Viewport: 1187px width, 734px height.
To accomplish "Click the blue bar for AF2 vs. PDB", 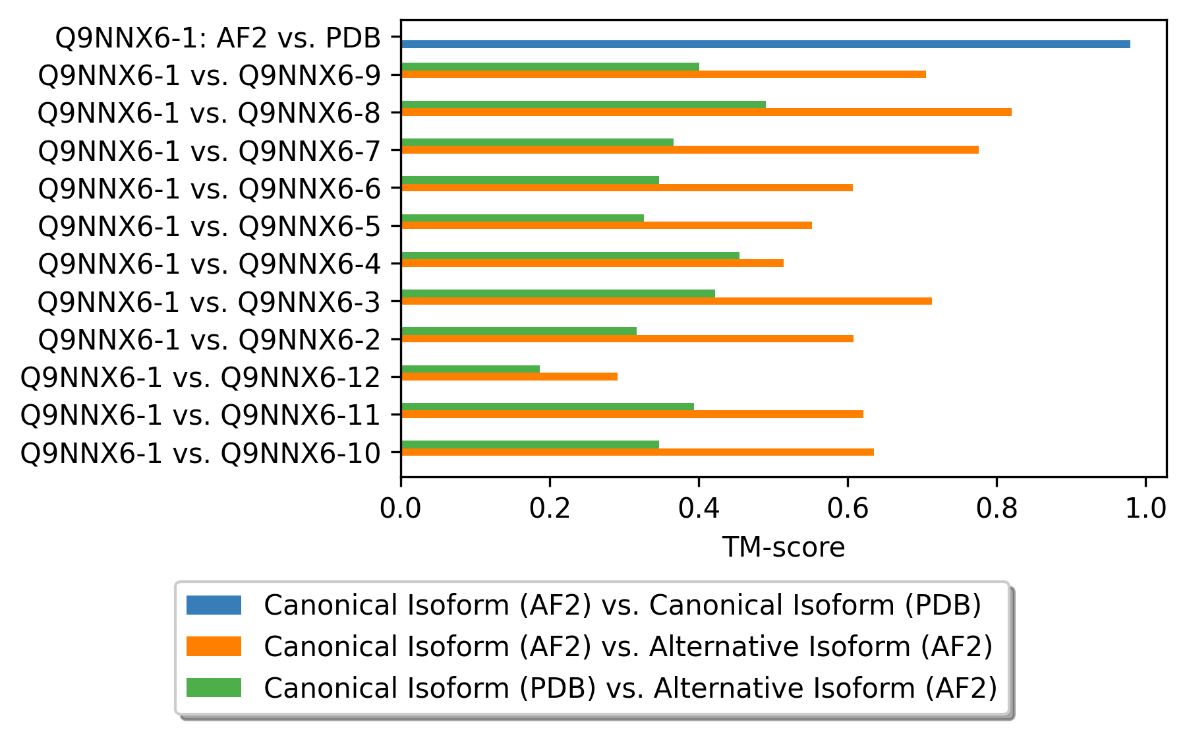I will point(765,44).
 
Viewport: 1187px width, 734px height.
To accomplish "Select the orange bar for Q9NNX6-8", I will point(705,112).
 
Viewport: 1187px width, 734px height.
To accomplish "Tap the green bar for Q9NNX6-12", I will point(470,369).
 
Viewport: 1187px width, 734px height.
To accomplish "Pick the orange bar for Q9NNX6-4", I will point(592,263).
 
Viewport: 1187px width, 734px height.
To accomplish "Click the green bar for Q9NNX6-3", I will point(558,293).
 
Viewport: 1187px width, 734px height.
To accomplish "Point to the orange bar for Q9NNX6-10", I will point(637,452).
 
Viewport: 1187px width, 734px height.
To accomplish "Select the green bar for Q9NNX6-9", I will point(550,67).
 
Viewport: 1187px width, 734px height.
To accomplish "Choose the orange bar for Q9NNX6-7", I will point(689,150).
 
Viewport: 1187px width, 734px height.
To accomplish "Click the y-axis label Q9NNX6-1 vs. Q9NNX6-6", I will point(210,189).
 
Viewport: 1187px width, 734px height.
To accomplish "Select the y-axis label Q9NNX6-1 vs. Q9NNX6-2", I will point(210,340).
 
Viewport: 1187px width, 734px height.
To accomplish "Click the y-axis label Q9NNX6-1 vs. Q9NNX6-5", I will point(210,227).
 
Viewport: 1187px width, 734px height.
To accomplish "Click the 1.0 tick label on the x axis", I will point(1145,509).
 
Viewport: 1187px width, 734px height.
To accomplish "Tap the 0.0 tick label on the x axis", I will point(401,509).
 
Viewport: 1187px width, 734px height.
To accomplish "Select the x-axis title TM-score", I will point(783,547).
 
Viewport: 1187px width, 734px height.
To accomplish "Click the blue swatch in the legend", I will point(214,605).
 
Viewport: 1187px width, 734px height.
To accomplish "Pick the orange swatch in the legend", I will point(214,646).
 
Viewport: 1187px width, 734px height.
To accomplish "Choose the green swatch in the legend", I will point(214,688).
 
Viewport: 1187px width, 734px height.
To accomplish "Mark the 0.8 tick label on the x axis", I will point(997,509).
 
